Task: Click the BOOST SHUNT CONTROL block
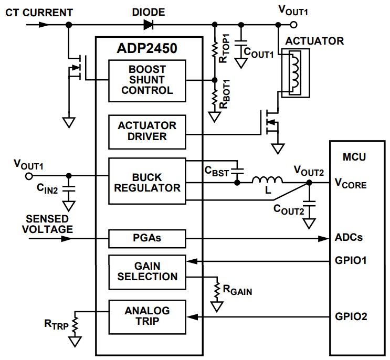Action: point(147,80)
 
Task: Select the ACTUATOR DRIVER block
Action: point(147,131)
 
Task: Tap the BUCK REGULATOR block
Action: point(147,181)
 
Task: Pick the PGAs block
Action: point(147,238)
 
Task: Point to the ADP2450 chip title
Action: point(147,49)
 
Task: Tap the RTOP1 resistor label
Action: point(225,51)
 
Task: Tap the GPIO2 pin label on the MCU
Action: point(351,317)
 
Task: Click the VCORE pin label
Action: point(351,184)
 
